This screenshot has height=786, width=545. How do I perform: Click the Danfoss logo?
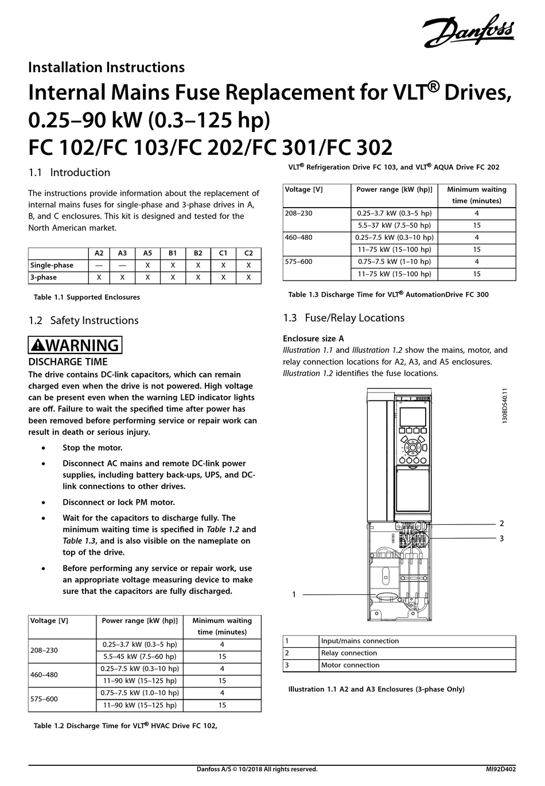(469, 31)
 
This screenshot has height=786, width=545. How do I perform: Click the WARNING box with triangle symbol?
(75, 345)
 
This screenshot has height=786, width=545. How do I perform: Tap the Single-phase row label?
(52, 265)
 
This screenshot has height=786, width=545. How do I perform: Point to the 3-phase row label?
(43, 277)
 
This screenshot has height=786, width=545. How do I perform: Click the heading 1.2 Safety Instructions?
(83, 320)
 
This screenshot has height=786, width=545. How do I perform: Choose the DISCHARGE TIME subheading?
(68, 362)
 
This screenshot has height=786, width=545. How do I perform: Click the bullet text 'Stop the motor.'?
(92, 448)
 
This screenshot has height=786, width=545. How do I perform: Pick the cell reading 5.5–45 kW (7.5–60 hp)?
(139, 656)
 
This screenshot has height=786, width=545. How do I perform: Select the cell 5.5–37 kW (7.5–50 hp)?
(394, 225)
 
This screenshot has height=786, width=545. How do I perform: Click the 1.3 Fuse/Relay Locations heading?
(343, 318)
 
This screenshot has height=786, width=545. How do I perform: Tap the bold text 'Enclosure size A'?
(313, 338)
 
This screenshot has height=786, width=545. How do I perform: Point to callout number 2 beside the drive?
(501, 523)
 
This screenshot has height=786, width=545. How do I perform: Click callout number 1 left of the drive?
(294, 595)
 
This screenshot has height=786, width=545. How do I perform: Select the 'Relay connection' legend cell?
(349, 653)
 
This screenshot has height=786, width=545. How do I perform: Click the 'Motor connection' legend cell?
(351, 665)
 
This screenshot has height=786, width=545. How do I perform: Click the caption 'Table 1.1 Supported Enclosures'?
(87, 297)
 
